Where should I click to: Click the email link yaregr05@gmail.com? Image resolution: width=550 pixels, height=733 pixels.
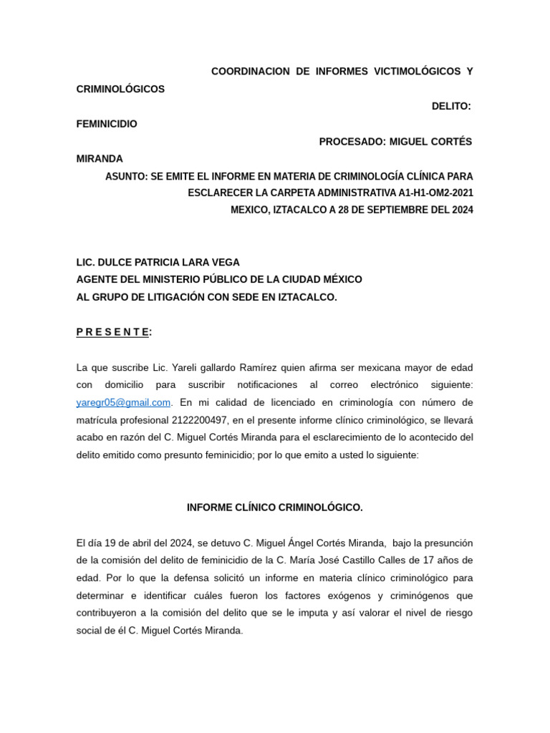point(123,402)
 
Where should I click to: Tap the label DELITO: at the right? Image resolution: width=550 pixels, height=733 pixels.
point(451,107)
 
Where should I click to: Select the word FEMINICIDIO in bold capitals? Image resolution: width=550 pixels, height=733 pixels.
point(107,124)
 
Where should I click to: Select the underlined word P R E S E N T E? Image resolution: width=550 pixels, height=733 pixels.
point(112,331)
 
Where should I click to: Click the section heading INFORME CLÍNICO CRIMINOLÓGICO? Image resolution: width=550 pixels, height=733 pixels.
point(275,508)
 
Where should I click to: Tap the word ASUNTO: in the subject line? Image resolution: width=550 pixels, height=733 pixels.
point(126,175)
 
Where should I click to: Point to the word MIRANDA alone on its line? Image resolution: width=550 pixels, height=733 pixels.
point(100,158)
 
